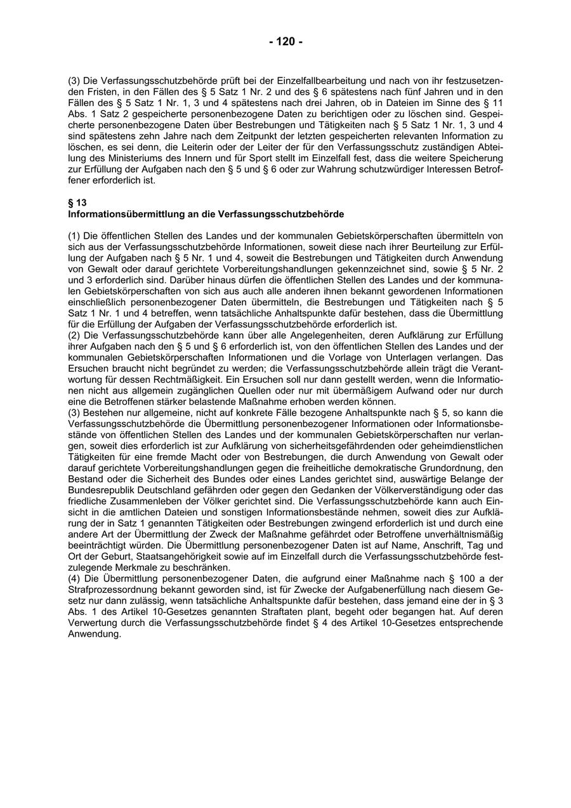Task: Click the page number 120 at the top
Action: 285,42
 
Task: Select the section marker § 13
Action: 77,203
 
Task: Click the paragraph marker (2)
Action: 75,335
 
